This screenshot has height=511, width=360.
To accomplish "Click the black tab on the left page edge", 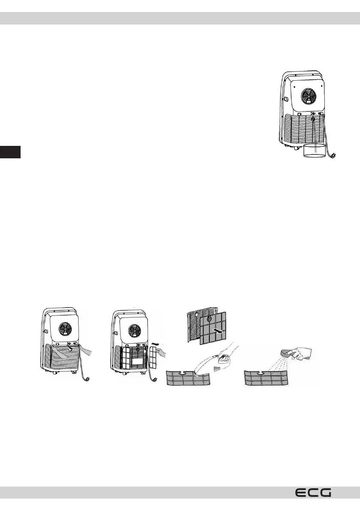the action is point(10,152).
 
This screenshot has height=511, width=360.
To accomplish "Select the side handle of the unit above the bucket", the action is point(285,99).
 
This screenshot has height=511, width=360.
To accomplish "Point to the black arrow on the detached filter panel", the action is point(218,331).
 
